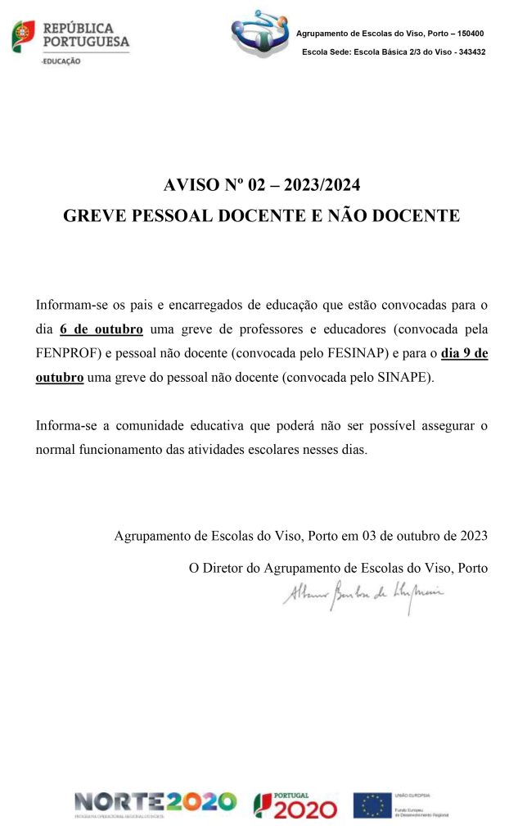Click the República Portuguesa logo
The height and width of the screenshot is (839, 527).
tap(70, 38)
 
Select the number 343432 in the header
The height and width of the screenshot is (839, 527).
tap(468, 52)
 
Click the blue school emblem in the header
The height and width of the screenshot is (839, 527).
tap(261, 34)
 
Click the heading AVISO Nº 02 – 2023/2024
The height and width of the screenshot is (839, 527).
tap(262, 184)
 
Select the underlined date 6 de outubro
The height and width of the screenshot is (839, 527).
tap(101, 330)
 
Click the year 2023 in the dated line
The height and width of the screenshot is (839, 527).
tap(472, 537)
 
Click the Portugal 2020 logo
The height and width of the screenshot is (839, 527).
tap(295, 805)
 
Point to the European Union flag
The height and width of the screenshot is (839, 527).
tap(372, 805)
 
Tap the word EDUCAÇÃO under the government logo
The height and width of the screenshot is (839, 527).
tap(62, 61)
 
